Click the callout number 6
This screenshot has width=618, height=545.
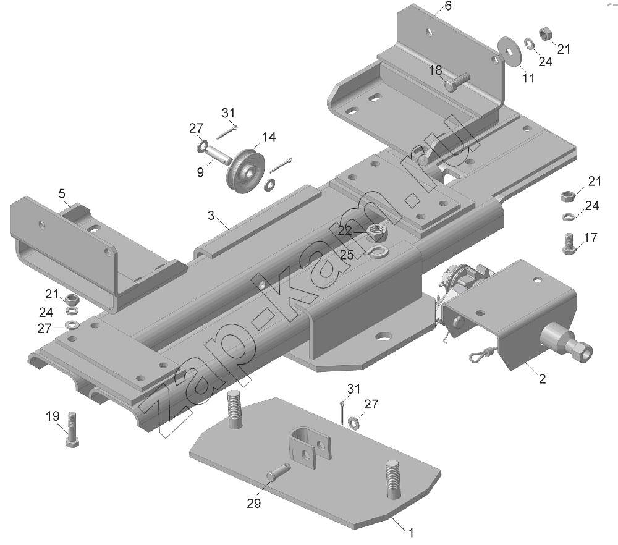447,6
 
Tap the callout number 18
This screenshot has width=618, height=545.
436,70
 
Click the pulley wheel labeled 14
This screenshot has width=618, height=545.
245,170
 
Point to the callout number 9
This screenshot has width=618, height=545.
200,172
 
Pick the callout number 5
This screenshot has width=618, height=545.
62,193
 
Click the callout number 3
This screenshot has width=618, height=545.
211,215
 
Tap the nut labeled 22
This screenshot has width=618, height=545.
378,232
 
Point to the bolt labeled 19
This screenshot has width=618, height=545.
72,429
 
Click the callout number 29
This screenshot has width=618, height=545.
254,503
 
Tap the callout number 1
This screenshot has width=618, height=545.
411,533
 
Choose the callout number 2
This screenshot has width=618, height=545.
543,379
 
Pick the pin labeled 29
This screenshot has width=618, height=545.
279,471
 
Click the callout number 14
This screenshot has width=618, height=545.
269,137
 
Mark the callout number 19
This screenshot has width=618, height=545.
53,416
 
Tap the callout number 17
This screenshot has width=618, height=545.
590,238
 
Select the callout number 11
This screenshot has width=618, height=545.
528,78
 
